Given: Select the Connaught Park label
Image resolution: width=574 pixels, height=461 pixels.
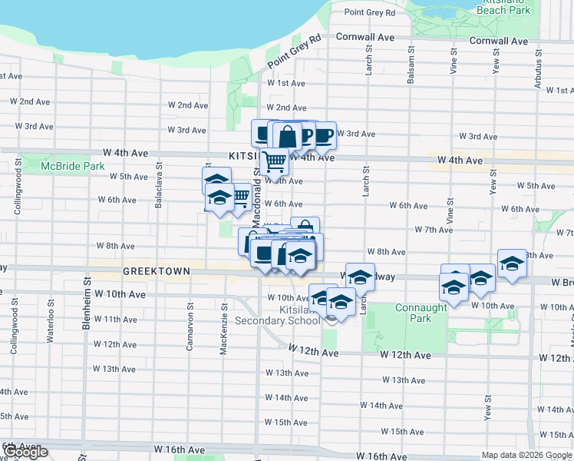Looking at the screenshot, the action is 421,313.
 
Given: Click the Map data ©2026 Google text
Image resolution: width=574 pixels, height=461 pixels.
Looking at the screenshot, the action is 526,455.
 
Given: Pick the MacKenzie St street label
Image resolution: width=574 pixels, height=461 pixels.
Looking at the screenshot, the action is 224,327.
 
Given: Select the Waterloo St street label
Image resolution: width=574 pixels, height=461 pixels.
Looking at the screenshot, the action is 48,330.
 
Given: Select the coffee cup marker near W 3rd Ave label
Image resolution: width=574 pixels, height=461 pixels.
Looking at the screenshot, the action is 324,134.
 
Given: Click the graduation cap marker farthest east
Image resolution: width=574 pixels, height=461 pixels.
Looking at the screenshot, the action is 512,264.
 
